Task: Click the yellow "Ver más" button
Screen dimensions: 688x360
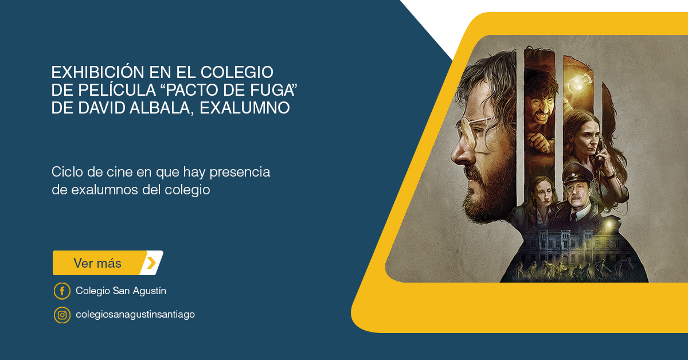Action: pyautogui.click(x=108, y=263)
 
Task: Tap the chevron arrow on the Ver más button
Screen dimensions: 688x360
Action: pyautogui.click(x=151, y=263)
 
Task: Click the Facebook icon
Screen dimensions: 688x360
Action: pyautogui.click(x=62, y=291)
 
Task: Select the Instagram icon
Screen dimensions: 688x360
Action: pyautogui.click(x=62, y=315)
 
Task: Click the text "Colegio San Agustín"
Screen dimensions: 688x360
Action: pyautogui.click(x=121, y=291)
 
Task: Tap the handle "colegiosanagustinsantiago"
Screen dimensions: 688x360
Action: pyautogui.click(x=135, y=314)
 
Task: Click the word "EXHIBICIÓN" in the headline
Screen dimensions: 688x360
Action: pyautogui.click(x=97, y=72)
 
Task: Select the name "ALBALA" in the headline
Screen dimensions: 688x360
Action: pyautogui.click(x=162, y=108)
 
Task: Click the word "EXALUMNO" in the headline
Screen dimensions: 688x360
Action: pyautogui.click(x=245, y=108)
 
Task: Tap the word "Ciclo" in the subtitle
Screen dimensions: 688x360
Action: pyautogui.click(x=67, y=172)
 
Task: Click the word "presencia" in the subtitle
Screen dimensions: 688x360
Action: pyautogui.click(x=240, y=173)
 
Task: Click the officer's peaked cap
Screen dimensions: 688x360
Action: pyautogui.click(x=577, y=174)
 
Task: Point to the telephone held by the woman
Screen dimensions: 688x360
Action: pyautogui.click(x=599, y=157)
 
